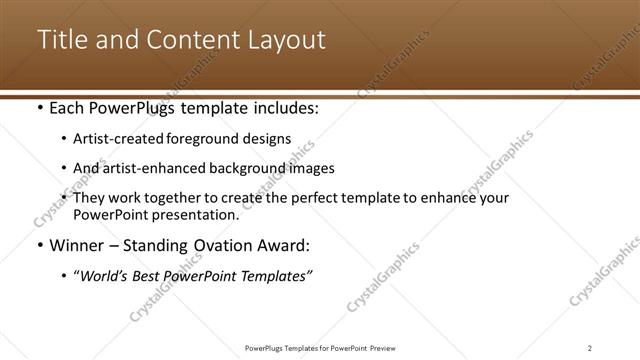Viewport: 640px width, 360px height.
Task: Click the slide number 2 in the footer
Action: coord(589,347)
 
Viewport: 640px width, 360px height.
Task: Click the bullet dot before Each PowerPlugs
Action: coord(39,108)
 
